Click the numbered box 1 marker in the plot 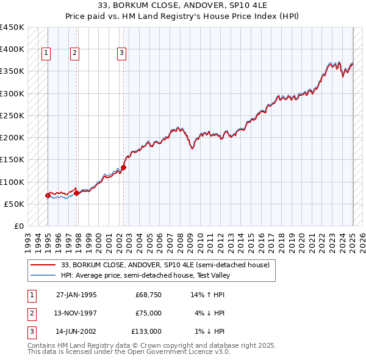click(x=46, y=54)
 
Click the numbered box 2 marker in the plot click(x=74, y=54)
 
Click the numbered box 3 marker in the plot click(x=121, y=54)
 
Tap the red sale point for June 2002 click(x=123, y=167)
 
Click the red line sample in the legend click(x=43, y=265)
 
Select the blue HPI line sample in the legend click(x=43, y=275)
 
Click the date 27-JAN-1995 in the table click(x=76, y=295)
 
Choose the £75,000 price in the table click(x=148, y=313)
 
